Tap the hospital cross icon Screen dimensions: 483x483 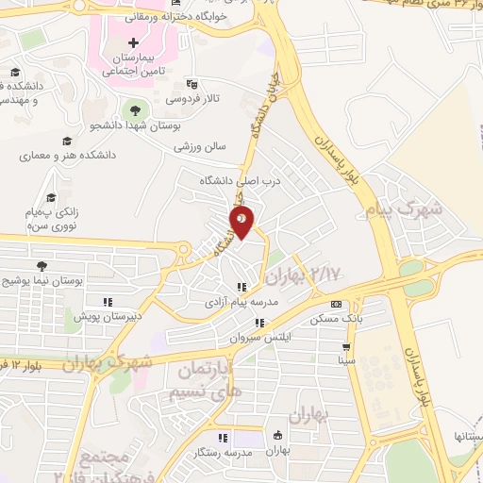(134, 42)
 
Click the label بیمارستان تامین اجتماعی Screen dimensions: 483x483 (134, 63)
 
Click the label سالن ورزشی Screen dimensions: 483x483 (208, 147)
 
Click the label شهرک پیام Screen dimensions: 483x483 (422, 208)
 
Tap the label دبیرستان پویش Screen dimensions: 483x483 (109, 316)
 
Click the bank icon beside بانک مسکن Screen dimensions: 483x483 (337, 304)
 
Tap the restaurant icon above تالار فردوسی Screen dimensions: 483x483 (192, 84)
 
